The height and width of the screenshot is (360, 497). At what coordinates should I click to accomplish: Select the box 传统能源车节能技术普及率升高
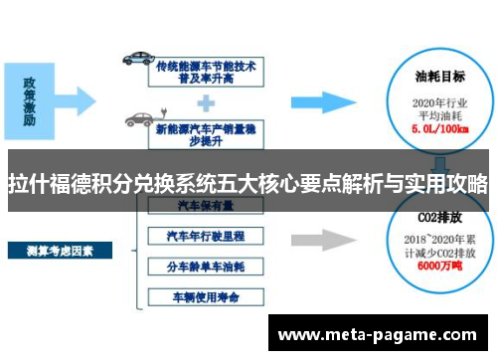206,69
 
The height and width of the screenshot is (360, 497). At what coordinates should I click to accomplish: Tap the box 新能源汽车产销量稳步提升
206,127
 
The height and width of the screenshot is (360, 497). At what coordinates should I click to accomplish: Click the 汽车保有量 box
206,205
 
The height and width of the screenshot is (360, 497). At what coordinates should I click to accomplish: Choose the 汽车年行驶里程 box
206,237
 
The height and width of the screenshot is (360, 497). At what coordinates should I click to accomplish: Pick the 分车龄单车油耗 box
206,267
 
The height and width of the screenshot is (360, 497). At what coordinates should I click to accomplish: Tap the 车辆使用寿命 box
206,296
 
